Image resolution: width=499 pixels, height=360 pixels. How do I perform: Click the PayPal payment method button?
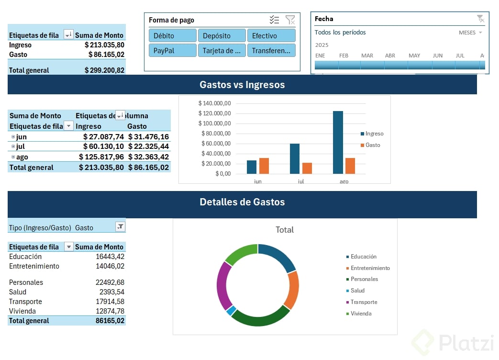(172, 50)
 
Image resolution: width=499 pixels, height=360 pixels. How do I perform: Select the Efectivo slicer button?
(271, 35)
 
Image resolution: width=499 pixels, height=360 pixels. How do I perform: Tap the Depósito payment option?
(222, 35)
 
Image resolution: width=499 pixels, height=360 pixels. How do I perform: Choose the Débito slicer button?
(172, 35)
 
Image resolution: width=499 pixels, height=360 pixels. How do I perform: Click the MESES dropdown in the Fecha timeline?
(470, 33)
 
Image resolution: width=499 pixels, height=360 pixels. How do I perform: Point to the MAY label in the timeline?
(414, 56)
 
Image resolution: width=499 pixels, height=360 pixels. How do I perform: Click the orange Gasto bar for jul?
(307, 168)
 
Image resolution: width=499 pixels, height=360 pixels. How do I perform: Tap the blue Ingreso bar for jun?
(252, 167)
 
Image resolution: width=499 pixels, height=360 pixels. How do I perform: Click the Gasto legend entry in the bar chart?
(372, 145)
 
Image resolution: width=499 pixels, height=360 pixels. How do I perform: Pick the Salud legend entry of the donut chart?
(357, 291)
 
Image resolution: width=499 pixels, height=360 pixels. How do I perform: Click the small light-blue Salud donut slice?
(231, 310)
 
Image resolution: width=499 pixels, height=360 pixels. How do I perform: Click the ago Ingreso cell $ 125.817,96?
(103, 157)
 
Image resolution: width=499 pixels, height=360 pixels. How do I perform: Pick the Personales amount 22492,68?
(110, 282)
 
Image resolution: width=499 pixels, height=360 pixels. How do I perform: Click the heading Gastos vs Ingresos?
(242, 85)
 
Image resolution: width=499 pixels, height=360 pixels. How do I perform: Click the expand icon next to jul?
(13, 146)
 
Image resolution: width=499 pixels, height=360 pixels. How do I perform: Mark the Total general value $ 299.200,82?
(104, 70)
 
